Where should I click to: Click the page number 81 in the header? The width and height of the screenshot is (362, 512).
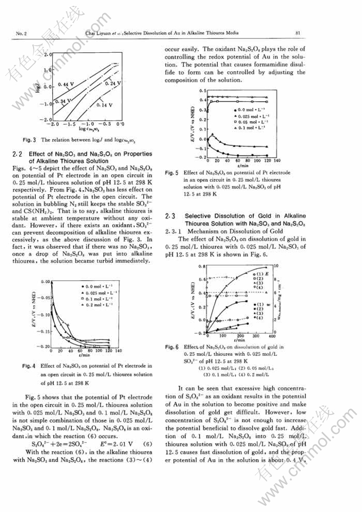(x=298, y=33)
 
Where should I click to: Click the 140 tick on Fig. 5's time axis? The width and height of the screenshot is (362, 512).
(x=277, y=160)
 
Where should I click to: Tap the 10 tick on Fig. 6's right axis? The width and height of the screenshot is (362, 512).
(x=276, y=265)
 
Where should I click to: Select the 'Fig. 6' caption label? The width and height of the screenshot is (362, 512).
(x=171, y=347)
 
